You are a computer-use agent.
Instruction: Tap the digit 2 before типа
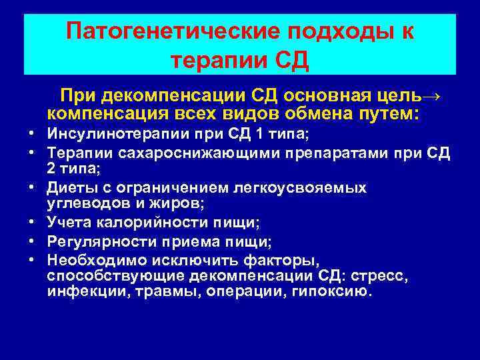51,167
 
